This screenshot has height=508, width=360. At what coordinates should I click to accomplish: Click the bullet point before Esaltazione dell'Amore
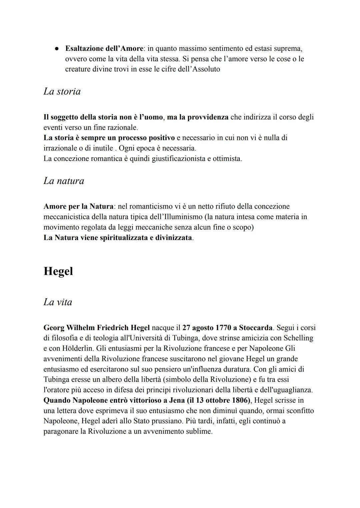click(x=57, y=49)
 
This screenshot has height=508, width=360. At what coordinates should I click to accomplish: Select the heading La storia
click(x=62, y=91)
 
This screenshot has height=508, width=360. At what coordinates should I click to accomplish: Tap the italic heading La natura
click(x=64, y=181)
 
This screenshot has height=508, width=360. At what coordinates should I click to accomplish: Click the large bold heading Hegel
click(x=58, y=271)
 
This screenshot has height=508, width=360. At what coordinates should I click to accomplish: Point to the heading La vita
click(x=58, y=302)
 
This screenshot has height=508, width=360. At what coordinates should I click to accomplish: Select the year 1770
click(x=223, y=328)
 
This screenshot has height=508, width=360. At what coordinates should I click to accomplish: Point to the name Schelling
click(x=298, y=338)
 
